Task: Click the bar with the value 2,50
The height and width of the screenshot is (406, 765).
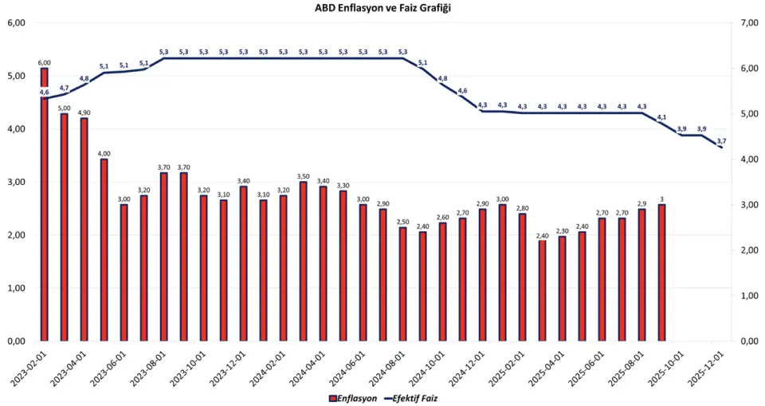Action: pos(403,284)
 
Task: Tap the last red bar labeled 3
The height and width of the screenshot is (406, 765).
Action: pos(662,272)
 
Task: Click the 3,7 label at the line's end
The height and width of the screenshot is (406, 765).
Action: pos(721,140)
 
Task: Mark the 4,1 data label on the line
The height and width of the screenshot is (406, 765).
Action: pos(661,117)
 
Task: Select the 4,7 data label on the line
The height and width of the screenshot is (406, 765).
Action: pos(64,88)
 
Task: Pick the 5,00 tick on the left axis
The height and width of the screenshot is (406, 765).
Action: pos(16,76)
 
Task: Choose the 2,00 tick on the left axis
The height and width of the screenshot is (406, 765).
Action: pos(16,235)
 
